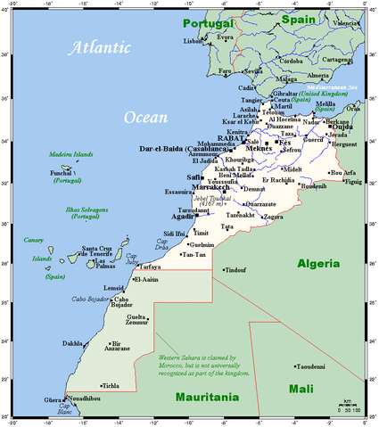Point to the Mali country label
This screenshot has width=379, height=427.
click(302, 389)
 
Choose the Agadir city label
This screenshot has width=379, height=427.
click(185, 217)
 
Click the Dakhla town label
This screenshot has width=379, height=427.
click(73, 342)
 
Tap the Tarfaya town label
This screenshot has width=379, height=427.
click(149, 267)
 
